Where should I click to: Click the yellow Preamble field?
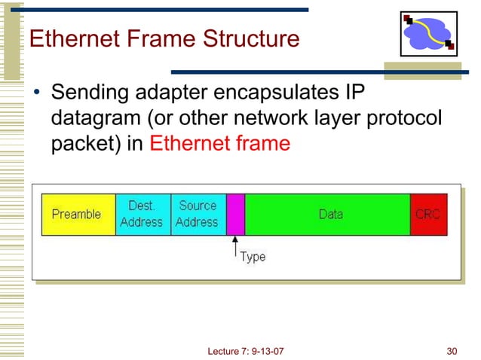tap(78, 214)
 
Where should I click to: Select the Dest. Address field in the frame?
tap(142, 214)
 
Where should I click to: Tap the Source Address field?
tap(198, 214)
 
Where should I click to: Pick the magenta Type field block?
tap(235, 214)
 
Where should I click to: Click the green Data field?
tap(329, 214)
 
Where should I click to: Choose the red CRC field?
tap(427, 214)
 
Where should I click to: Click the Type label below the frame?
tap(253, 257)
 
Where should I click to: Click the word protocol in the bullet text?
tap(408, 120)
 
